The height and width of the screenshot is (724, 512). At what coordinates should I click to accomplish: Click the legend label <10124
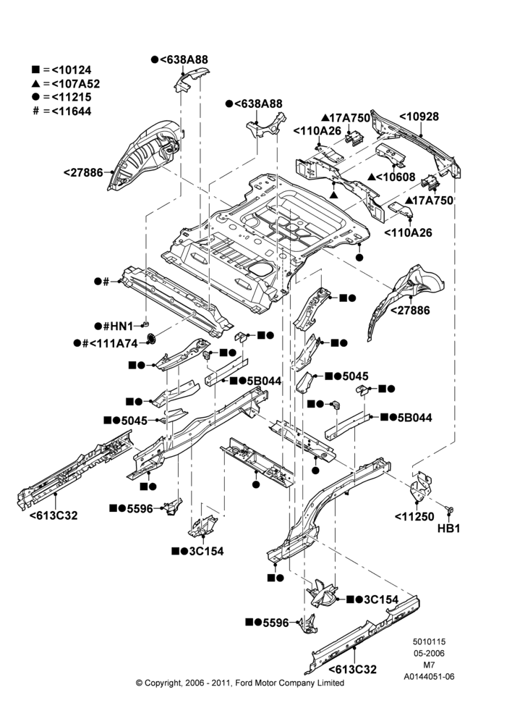pos(72,70)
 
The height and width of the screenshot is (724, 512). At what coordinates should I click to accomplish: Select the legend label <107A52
pos(76,83)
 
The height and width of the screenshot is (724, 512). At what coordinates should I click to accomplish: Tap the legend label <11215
pos(72,97)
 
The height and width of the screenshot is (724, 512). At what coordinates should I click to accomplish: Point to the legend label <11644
pos(72,111)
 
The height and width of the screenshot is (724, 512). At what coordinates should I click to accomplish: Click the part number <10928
pos(419,117)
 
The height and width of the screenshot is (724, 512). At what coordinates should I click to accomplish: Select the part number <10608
pos(396,177)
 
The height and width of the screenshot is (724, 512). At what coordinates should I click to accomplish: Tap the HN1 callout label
pos(122,327)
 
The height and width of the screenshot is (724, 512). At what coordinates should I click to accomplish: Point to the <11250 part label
pos(414,517)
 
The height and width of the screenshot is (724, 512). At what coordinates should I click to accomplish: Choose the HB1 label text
pos(448,529)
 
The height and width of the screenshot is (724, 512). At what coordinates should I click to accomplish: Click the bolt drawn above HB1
pos(449,509)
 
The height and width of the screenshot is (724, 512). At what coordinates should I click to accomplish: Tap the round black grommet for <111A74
pos(151,339)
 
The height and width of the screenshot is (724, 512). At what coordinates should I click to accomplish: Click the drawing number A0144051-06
pos(429,676)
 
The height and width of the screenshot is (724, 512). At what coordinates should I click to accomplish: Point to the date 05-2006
pos(429,653)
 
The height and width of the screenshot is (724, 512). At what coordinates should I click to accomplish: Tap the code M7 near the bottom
pos(429,665)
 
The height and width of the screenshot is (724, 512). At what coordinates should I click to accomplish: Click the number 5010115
pos(429,641)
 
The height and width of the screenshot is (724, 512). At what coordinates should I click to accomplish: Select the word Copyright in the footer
pos(163,683)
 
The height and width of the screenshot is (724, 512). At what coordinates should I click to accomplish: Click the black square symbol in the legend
pos(35,70)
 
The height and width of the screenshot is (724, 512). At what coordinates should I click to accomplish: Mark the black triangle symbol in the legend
pos(35,83)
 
